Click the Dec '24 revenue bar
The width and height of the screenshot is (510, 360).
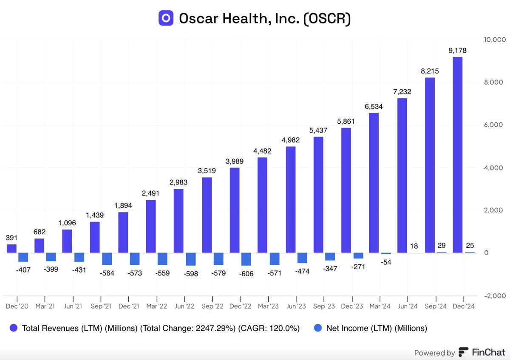[x=457, y=155]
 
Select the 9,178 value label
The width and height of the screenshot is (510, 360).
[x=457, y=51]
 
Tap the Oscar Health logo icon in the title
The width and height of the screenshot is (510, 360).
[x=166, y=18]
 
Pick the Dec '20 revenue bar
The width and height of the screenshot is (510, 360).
[x=11, y=249]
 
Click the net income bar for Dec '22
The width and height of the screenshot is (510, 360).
[x=246, y=259]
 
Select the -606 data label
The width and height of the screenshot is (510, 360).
[x=246, y=274]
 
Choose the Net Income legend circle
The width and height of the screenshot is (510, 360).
[x=317, y=328]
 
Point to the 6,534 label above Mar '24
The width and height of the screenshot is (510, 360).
[x=374, y=106]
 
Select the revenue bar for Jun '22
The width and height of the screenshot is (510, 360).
[x=179, y=221]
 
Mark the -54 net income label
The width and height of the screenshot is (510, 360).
[x=386, y=262]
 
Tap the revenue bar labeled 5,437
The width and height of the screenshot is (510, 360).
[x=318, y=195]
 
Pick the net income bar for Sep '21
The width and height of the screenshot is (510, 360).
[x=107, y=258]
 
